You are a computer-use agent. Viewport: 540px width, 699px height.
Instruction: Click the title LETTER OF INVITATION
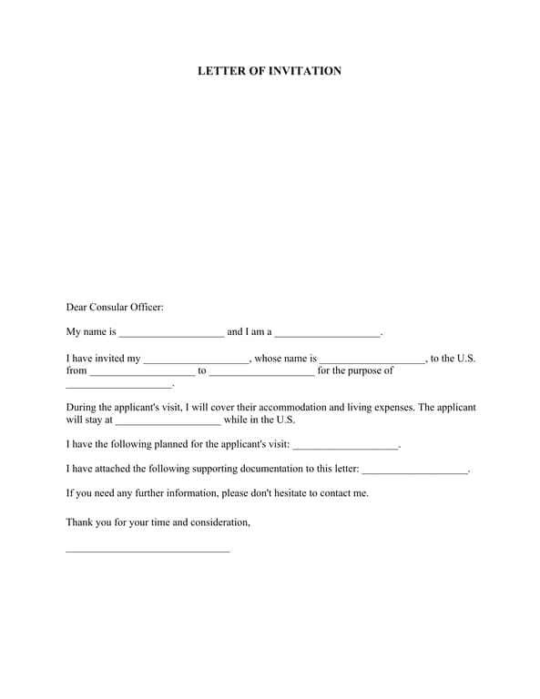point(270,71)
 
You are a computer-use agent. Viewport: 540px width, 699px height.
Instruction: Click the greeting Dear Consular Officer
point(115,308)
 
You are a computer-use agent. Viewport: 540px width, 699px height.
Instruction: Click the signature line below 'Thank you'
point(148,551)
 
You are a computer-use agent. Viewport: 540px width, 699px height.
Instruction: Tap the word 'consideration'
point(218,522)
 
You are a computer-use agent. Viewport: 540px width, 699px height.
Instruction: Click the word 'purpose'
point(362,371)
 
